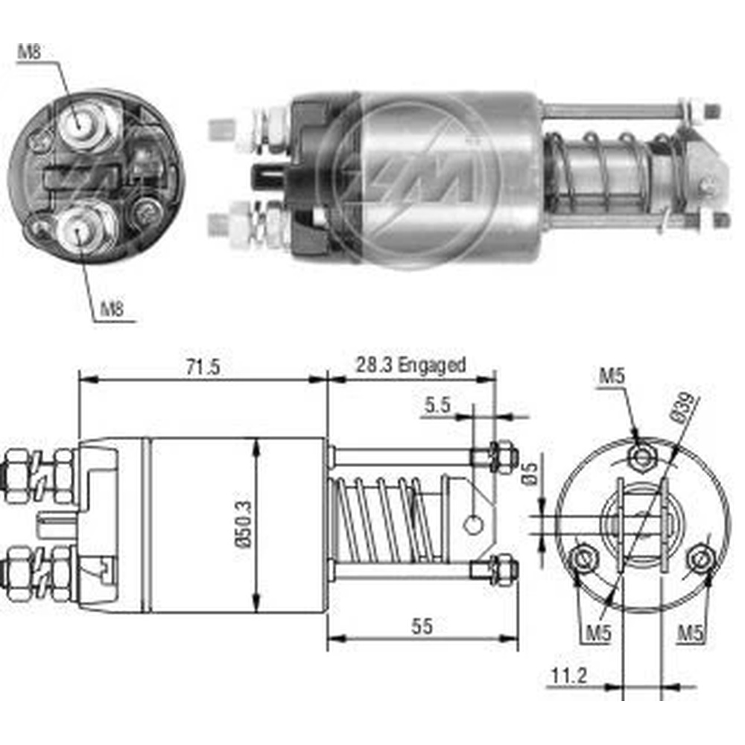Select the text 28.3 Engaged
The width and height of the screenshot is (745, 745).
point(410,365)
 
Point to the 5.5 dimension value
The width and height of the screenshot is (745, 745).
point(439,406)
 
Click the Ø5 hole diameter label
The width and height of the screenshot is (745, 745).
point(529,474)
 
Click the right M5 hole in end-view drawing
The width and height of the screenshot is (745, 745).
point(700,559)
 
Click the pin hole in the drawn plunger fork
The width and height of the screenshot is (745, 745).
point(472,524)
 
